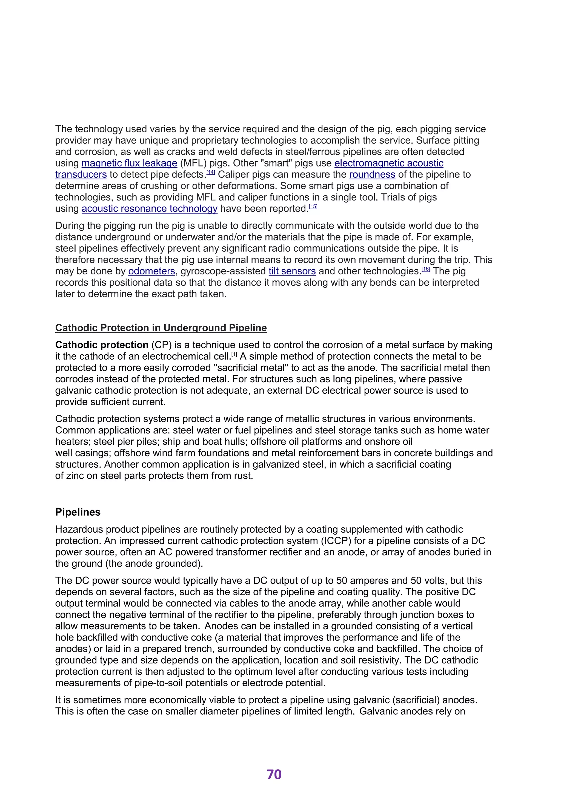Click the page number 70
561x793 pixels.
(274, 774)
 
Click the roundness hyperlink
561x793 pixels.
(372, 174)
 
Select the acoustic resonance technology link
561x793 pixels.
(149, 209)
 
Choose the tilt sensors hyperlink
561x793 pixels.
(292, 271)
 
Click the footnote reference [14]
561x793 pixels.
(211, 172)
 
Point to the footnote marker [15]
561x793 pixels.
(313, 206)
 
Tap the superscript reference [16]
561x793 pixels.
(426, 269)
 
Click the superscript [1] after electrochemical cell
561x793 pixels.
(234, 354)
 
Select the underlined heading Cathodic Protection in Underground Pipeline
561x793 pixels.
(161, 328)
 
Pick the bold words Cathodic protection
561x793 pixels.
(102, 345)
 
